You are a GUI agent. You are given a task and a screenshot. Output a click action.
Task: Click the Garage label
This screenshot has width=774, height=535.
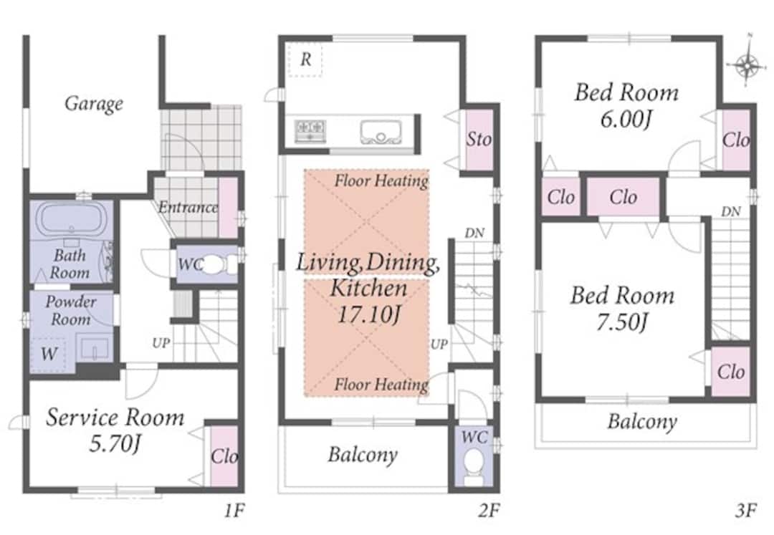coord(94,104)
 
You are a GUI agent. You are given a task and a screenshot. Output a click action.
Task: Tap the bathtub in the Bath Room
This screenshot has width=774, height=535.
coord(72,218)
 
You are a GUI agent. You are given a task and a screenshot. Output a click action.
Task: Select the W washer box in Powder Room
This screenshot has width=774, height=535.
coord(49,354)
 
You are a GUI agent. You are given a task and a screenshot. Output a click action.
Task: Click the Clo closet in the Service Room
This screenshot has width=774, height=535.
coord(224,456)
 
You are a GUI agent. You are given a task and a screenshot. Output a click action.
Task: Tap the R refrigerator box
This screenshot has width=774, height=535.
coord(305,59)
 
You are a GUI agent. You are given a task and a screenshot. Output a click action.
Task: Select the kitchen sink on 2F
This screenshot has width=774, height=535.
coord(381,132)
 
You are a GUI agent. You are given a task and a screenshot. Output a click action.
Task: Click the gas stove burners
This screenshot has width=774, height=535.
coord(310,131)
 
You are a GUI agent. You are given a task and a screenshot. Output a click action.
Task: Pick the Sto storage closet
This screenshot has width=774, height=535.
coord(479,140)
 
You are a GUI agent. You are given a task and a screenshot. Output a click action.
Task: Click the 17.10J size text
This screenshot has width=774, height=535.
coord(368,314)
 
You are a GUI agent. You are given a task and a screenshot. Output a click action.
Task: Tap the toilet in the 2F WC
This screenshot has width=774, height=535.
coord(474,465)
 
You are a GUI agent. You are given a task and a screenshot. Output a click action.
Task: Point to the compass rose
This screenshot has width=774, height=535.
coord(747,64)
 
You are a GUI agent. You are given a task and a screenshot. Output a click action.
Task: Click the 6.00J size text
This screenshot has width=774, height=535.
coord(626,119)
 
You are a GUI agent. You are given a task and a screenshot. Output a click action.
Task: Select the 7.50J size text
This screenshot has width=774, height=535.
coord(622,322)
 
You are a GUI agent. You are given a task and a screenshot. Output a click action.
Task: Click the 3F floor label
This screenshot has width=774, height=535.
coord(745,511)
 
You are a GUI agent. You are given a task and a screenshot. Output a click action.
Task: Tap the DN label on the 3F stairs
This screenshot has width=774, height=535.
coord(730,211)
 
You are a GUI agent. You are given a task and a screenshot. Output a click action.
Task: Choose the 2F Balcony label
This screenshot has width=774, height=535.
coord(363,455)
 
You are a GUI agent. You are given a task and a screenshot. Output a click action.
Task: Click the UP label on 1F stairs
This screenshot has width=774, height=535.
coord(161,342)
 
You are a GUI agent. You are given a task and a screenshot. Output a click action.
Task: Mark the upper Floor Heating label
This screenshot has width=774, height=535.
coord(381,181)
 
